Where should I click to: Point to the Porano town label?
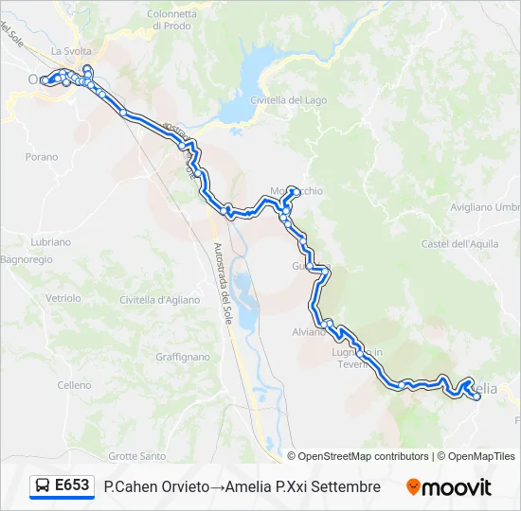pos(42,157)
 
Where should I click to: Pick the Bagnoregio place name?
pos(27,258)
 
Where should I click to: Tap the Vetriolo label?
pos(63,297)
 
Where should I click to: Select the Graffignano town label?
pos(183,358)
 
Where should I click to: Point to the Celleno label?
pos(74,385)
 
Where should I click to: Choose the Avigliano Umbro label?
pos(486,206)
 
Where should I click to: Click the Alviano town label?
pos(309,332)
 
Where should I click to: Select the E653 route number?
pos(72,486)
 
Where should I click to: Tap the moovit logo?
pos(449,487)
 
